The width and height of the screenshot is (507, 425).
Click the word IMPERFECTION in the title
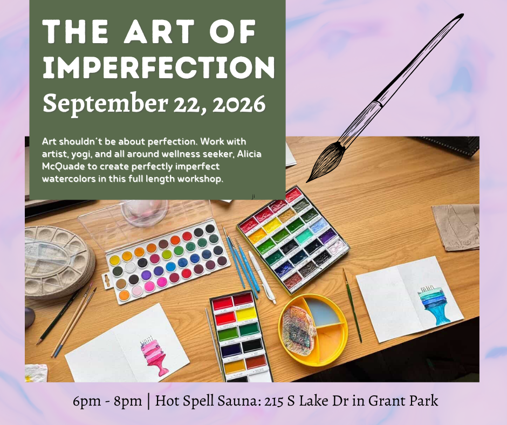(159, 67)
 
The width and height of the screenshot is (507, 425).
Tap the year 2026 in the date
(238, 104)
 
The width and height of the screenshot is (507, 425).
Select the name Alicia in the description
(249, 154)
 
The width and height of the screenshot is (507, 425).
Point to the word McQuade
(59, 167)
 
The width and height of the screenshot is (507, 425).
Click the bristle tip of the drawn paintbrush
(307, 181)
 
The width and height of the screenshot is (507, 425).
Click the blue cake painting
(433, 305)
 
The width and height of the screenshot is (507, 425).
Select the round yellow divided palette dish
(313, 330)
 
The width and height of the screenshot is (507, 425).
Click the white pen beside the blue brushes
(262, 278)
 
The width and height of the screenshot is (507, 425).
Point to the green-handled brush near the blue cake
(352, 305)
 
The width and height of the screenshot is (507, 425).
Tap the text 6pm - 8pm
(107, 401)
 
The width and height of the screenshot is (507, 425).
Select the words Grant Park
(403, 401)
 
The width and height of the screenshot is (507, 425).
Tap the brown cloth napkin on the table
(456, 228)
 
